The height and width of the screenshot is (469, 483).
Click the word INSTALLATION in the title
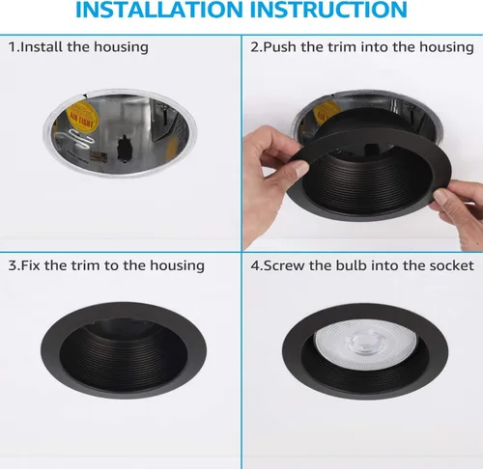(158, 9)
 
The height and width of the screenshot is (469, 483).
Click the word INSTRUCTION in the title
(328, 9)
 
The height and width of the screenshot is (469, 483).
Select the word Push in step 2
(280, 47)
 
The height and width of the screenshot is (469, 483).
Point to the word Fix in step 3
(31, 265)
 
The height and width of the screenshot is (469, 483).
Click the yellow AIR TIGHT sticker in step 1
(80, 117)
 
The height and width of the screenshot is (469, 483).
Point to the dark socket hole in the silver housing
(125, 149)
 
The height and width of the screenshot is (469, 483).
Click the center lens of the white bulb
(364, 341)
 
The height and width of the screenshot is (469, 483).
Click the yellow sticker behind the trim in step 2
(326, 112)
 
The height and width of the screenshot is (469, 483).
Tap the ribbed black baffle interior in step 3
(124, 357)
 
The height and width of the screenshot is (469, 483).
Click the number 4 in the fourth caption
(255, 265)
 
